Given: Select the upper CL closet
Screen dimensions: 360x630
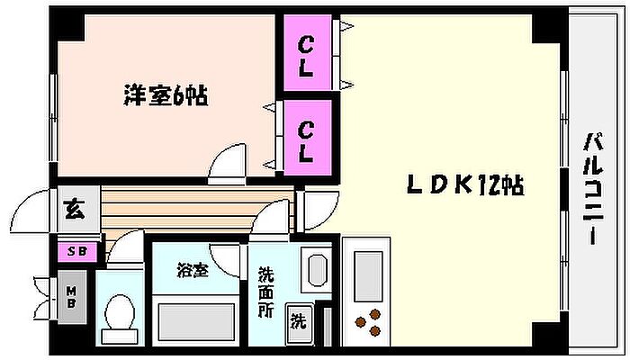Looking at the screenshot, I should pos(307,55).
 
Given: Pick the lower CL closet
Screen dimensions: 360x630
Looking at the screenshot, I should pos(307,140).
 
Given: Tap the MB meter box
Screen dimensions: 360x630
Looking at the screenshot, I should pos(72,296).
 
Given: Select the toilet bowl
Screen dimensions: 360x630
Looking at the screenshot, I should pos(118,314).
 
